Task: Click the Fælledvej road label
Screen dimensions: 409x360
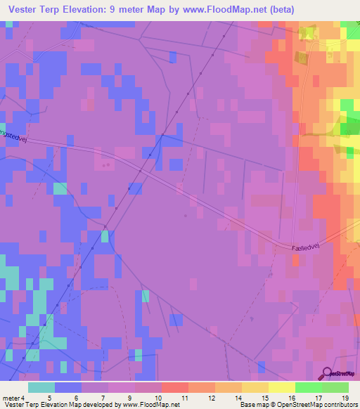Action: [x=307, y=247]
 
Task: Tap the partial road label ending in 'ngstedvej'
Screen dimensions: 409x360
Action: [x=13, y=131]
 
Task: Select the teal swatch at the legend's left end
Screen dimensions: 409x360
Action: [x=41, y=387]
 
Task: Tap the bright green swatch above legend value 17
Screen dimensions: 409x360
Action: [x=309, y=387]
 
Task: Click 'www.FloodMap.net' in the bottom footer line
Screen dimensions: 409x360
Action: [x=149, y=405]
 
